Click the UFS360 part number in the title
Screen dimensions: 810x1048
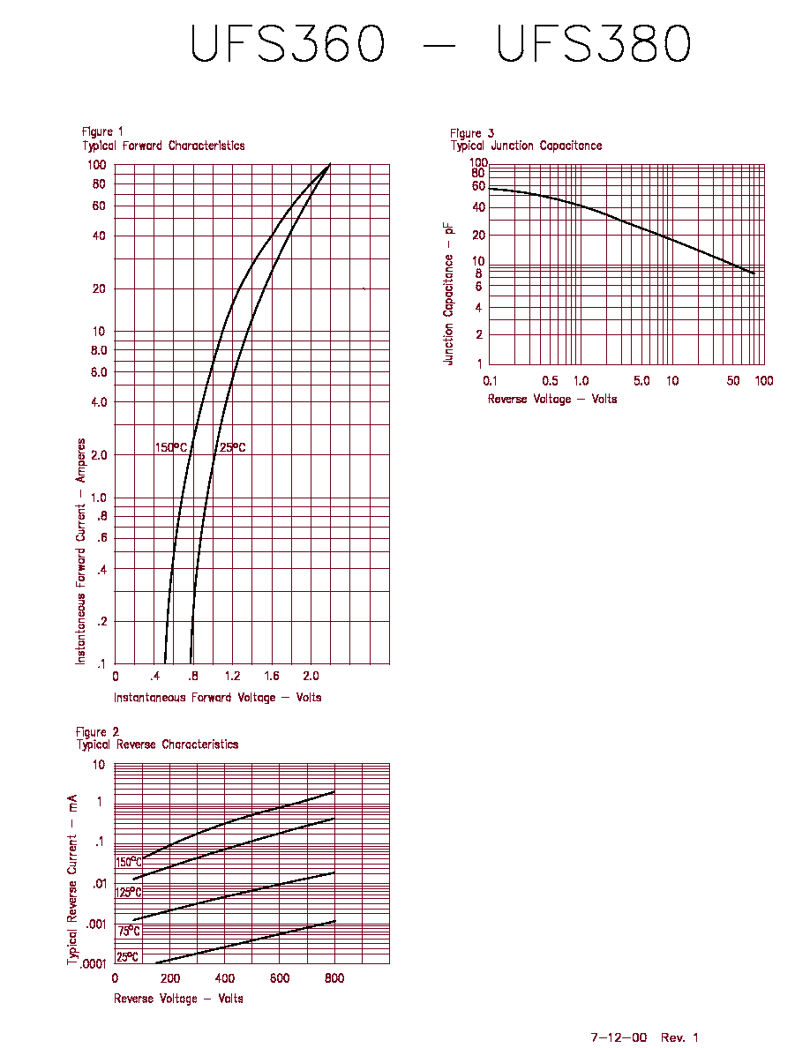(288, 44)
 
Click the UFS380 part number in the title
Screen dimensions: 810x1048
(594, 44)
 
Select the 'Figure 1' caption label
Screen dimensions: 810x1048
(102, 131)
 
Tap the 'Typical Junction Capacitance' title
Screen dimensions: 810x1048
(526, 146)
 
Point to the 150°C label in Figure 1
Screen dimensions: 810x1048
(171, 447)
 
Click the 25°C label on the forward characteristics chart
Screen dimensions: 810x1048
(233, 447)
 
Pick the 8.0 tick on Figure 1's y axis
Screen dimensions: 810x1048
(99, 350)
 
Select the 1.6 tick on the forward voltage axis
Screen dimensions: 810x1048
(272, 676)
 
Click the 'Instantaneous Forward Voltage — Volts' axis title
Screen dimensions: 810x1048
(217, 698)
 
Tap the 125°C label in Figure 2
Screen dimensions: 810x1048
(128, 892)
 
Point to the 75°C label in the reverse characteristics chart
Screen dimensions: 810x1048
(129, 931)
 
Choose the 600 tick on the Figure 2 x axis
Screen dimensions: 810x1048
(280, 978)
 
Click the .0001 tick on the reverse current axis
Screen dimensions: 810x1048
(93, 964)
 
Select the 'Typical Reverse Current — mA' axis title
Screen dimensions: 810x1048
(72, 880)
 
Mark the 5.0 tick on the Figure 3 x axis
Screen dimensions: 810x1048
(641, 381)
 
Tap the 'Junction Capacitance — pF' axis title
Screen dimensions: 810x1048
(448, 294)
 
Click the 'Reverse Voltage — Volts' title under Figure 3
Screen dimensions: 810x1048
(552, 399)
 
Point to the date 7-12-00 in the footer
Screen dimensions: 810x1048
(619, 1037)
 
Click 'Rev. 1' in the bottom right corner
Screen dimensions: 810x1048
(679, 1037)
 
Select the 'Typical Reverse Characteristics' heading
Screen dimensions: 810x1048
(157, 745)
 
